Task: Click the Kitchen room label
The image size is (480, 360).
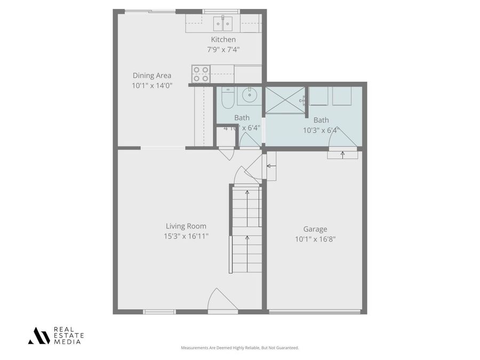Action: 223,39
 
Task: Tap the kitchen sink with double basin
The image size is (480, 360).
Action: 223,23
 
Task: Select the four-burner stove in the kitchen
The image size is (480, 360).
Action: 201,74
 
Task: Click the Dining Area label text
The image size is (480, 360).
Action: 152,76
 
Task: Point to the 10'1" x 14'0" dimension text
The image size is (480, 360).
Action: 152,85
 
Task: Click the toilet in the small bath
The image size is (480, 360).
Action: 226,98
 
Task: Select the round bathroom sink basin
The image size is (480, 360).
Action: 249,96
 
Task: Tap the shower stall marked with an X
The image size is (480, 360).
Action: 285,100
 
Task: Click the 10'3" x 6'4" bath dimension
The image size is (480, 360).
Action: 321,130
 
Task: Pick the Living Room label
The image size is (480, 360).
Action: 186,226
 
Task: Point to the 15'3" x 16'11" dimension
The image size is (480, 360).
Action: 186,236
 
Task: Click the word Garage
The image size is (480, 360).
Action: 315,229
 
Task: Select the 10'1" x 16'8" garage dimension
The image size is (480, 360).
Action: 315,239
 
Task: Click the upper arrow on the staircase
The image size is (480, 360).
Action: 247,193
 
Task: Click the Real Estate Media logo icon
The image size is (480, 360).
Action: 38,335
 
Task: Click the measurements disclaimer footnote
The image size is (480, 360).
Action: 240,348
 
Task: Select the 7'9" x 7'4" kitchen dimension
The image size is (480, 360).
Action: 223,49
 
